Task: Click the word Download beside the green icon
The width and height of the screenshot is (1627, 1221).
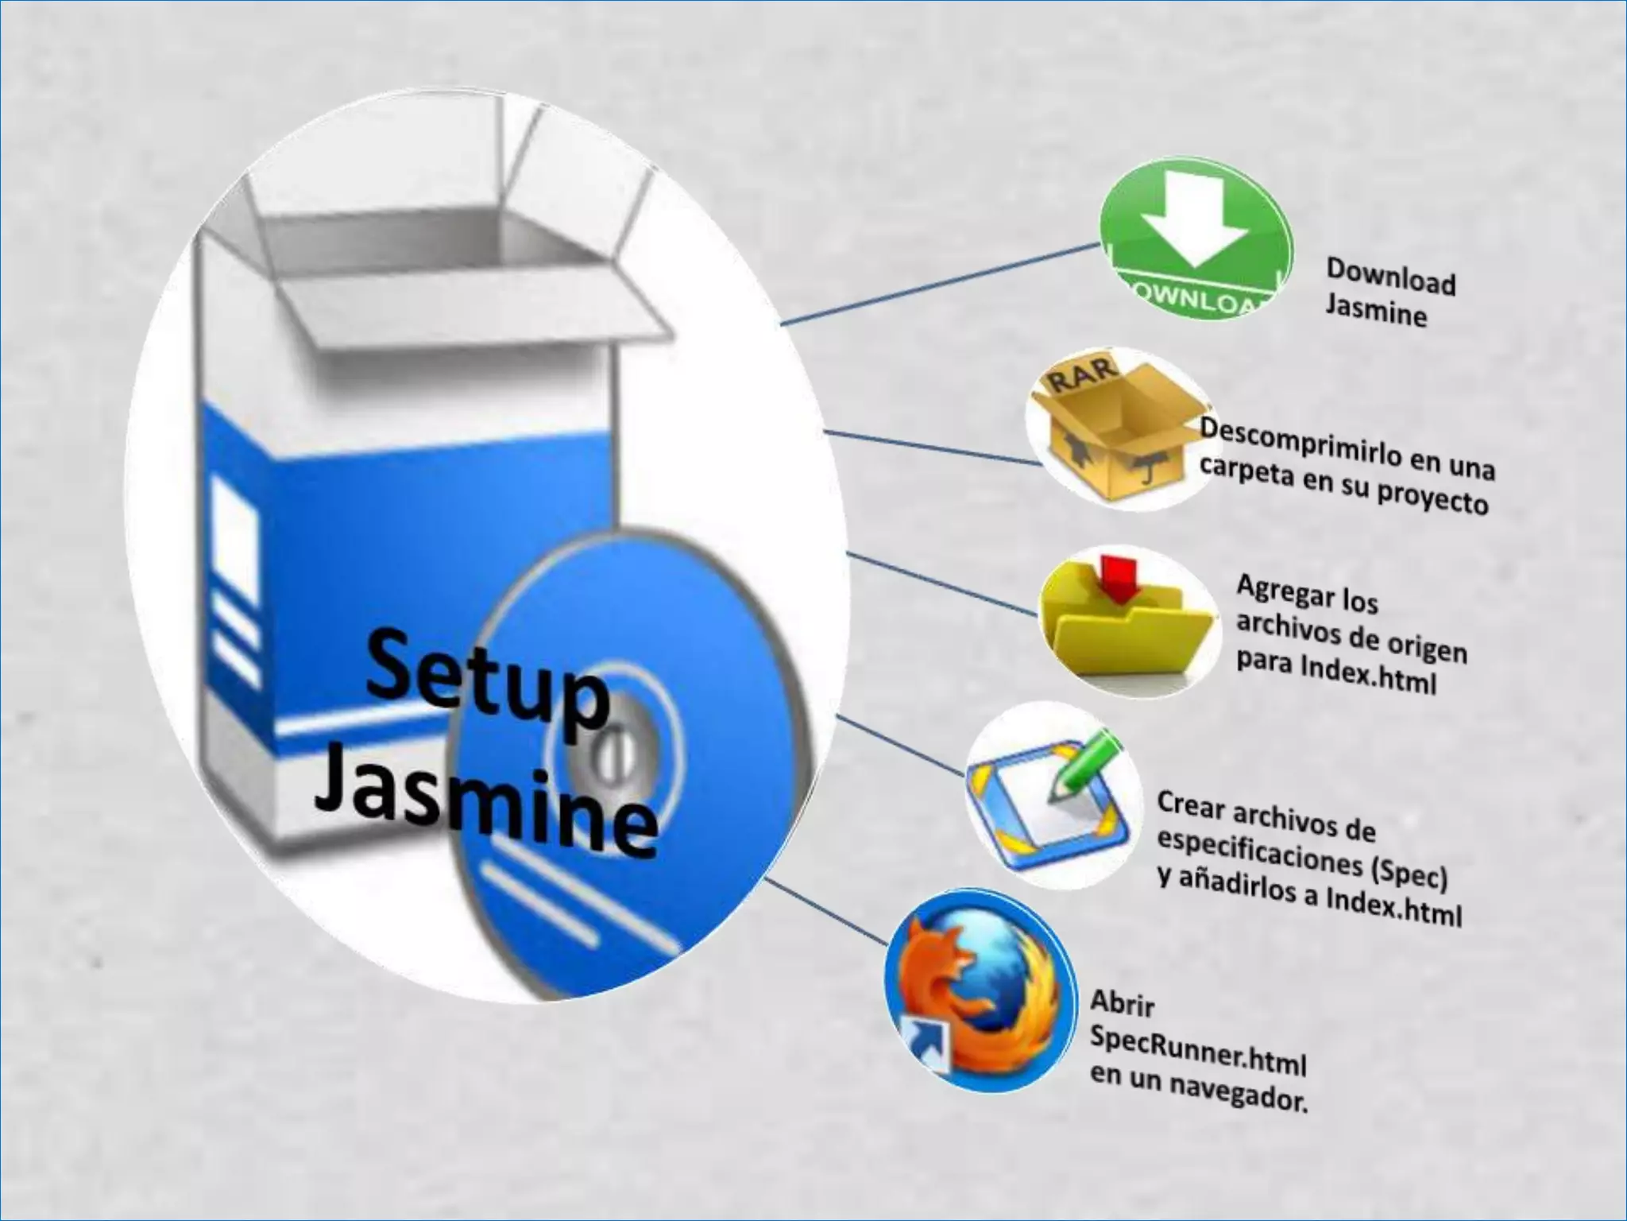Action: click(x=1390, y=277)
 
